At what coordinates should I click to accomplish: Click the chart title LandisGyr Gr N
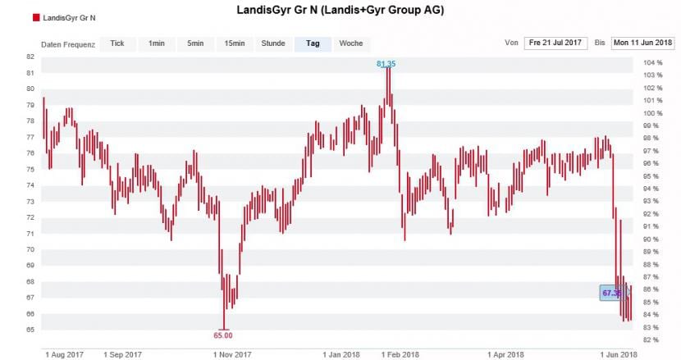(x=340, y=10)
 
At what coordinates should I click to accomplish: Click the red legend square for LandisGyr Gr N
(x=36, y=17)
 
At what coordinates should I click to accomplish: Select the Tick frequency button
(x=117, y=43)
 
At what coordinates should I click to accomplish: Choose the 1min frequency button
(x=157, y=43)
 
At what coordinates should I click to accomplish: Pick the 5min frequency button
(x=194, y=43)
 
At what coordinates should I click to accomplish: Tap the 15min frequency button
(x=234, y=43)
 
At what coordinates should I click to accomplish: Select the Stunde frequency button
(x=273, y=43)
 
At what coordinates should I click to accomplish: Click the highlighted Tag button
(x=313, y=43)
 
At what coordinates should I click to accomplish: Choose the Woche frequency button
(x=350, y=43)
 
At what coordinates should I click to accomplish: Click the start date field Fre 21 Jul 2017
(x=556, y=43)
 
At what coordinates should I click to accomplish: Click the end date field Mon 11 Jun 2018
(x=642, y=43)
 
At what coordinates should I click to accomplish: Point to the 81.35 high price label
(x=386, y=63)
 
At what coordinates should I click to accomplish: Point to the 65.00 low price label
(x=223, y=335)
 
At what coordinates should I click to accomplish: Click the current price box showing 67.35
(x=611, y=292)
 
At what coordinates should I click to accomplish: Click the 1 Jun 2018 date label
(x=617, y=354)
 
